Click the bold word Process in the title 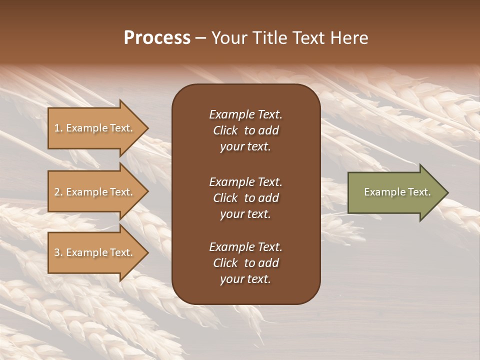(x=157, y=38)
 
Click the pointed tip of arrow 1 (x=146, y=128)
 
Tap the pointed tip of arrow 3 (x=146, y=252)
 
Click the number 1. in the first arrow (x=58, y=128)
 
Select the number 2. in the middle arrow (x=58, y=192)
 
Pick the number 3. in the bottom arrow (x=58, y=252)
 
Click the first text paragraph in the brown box (x=245, y=130)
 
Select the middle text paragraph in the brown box (x=245, y=198)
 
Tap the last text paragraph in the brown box (x=245, y=263)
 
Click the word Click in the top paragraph (x=225, y=130)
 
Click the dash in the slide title (x=201, y=38)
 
